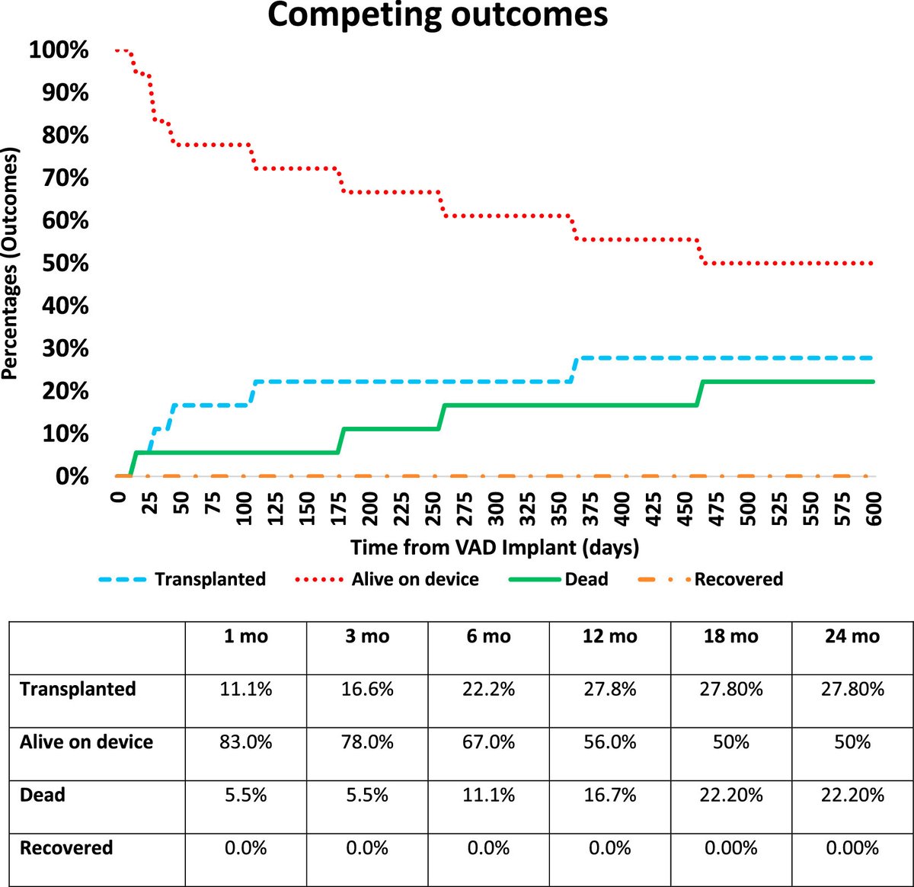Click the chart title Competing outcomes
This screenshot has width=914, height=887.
pos(437,15)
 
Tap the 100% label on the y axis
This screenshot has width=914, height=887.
pos(59,50)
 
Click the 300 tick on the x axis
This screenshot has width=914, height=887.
pos(495,505)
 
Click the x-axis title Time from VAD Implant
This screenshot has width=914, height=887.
pos(494,547)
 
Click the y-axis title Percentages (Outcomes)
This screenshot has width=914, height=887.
pos(10,263)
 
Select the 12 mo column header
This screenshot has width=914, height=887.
pos(609,636)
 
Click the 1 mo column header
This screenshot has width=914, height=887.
pos(246,636)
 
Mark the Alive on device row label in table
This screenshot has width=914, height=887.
pos(86,742)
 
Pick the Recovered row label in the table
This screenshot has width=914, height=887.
pos(66,848)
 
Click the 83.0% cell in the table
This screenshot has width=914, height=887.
pos(246,742)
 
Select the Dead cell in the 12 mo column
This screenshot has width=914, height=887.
pos(609,796)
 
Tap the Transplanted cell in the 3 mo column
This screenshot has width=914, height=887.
pos(367,690)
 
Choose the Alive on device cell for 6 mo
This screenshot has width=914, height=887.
pos(488,742)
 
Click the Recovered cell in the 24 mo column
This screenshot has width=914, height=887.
pos(852,848)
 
